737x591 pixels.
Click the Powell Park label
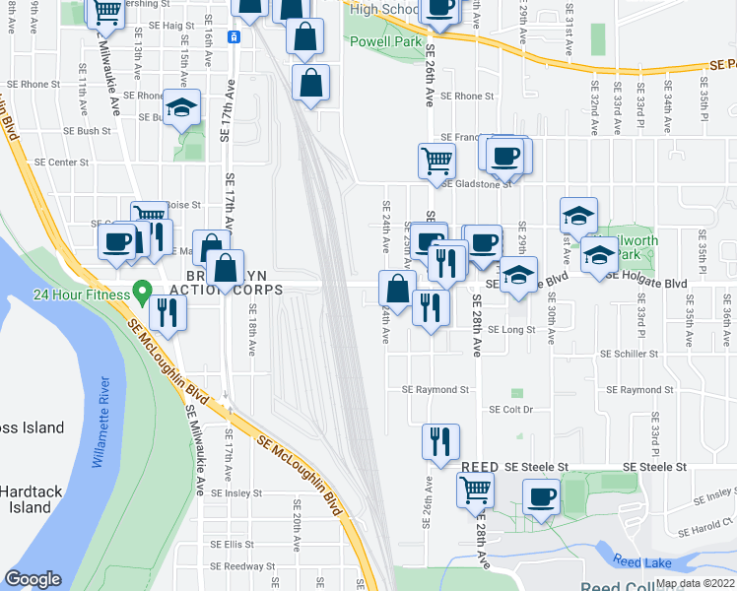tap(389, 42)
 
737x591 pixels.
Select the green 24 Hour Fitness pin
tap(141, 293)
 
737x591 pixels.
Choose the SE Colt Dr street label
tap(507, 409)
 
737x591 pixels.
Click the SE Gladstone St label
tap(477, 183)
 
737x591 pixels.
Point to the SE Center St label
tap(62, 162)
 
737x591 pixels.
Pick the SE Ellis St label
tap(233, 544)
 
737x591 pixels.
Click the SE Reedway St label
tap(241, 566)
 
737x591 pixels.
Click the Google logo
tap(33, 579)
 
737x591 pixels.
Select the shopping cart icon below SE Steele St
tap(476, 488)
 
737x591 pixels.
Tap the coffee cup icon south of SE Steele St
tap(540, 495)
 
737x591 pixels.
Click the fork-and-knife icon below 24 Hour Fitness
tap(167, 314)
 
